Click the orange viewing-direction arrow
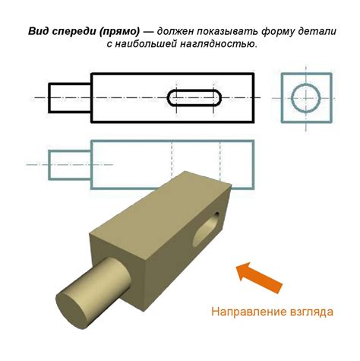coord(259,277)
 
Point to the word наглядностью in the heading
coord(219,45)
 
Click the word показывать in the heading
coord(226,32)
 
